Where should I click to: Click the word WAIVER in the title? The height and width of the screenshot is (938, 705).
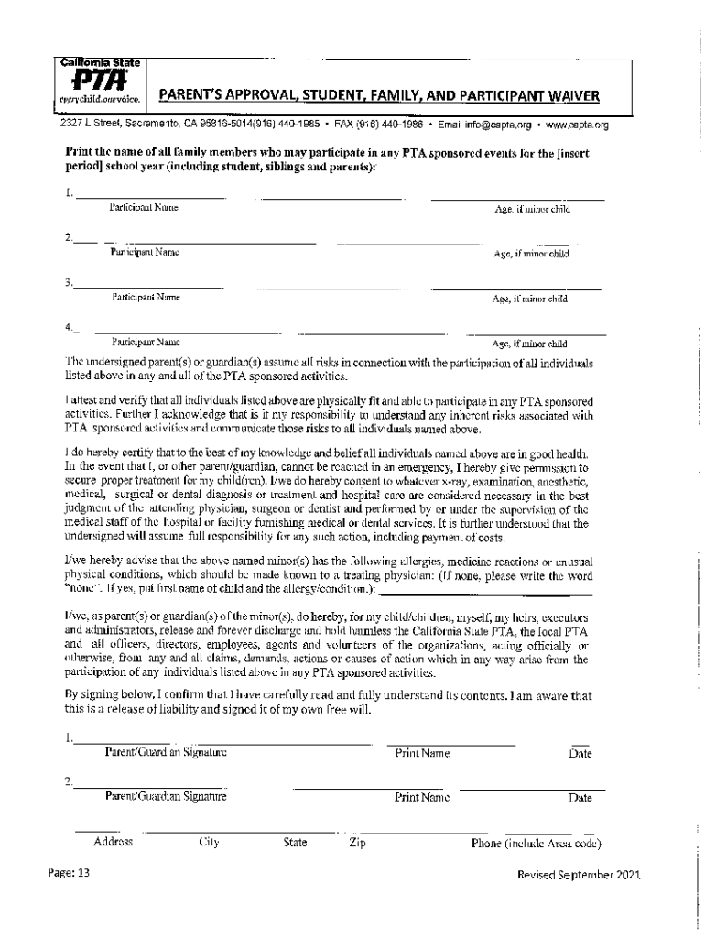point(569,94)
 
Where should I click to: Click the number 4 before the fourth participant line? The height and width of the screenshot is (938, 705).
point(67,327)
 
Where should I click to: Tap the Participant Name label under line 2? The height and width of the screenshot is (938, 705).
point(145,252)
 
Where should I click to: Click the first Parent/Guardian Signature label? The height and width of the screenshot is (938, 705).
point(166,753)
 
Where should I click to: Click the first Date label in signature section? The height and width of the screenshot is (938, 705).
point(580,754)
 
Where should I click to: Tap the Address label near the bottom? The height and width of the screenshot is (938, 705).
point(114,842)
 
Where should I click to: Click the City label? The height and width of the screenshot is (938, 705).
point(208,843)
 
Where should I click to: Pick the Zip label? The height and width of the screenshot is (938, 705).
point(357,843)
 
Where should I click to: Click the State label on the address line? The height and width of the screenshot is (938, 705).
point(295,843)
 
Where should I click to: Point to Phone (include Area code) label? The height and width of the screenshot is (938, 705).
point(536,843)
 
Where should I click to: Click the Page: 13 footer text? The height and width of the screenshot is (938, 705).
point(70,873)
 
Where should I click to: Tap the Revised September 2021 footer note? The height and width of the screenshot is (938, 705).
point(579,874)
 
